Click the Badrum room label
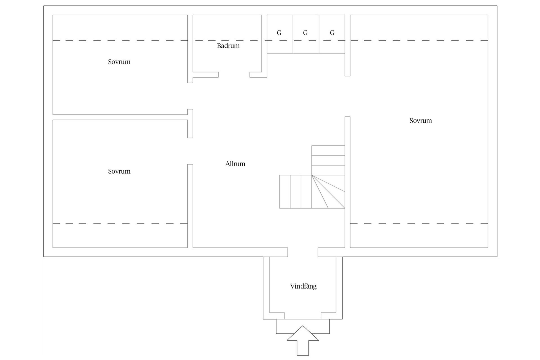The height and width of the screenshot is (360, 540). point(228,46)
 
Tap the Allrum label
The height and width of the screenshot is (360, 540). point(235,164)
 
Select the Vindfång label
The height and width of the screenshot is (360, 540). point(303,286)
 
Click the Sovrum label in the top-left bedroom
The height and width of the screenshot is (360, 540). point(119,62)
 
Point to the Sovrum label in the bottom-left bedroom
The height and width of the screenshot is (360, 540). point(119,171)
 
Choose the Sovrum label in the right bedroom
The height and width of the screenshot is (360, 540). point(420,121)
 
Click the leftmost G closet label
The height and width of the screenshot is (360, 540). point(279,33)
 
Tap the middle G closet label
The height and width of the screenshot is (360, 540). point(305,33)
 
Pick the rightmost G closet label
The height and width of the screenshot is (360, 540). point(332,33)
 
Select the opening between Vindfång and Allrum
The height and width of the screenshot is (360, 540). point(303,252)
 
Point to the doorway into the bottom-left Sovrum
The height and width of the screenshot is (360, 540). point(190,151)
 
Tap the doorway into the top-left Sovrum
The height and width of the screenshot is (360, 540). point(190,96)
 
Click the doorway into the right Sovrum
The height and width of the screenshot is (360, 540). point(348,96)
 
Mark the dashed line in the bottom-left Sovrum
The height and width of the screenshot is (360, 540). point(120,224)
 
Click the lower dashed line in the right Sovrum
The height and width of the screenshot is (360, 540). point(419,224)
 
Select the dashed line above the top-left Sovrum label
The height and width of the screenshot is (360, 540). point(120,40)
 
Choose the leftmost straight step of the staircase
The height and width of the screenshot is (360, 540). point(285,192)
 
